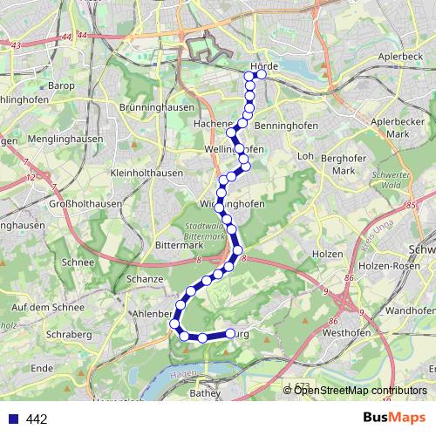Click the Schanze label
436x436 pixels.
click(145, 278)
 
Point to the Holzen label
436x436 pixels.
click(325, 254)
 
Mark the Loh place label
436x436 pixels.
click(305, 156)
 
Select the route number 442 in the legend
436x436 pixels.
click(37, 419)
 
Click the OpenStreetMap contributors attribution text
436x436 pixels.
click(360, 390)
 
